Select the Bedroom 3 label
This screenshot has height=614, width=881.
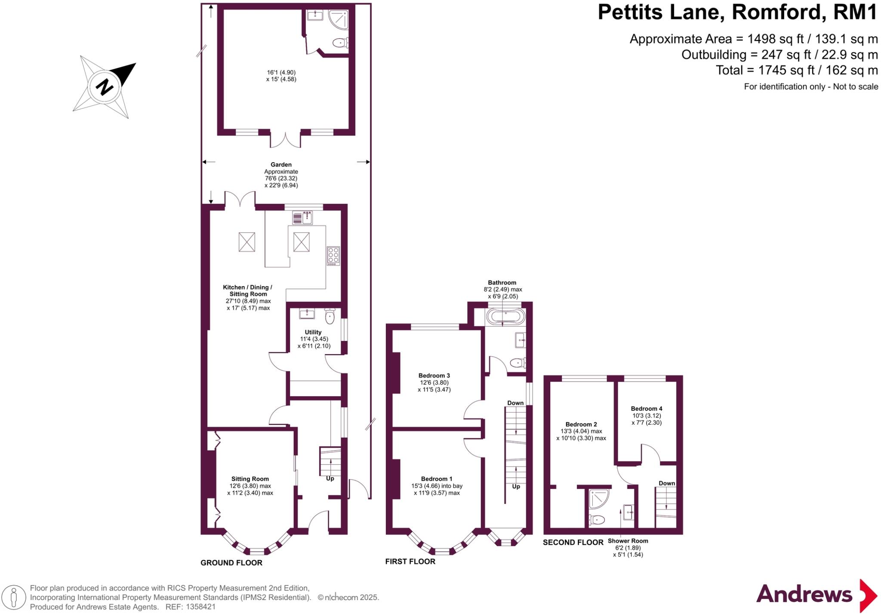(434, 376)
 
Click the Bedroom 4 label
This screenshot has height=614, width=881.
(646, 408)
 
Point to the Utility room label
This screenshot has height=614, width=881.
(313, 332)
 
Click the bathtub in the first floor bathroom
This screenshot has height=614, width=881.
(505, 317)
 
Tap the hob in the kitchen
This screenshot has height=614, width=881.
(333, 256)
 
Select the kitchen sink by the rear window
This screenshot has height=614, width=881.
(303, 218)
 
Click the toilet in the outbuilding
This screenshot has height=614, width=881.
(340, 43)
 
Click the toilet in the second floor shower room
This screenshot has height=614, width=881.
(597, 520)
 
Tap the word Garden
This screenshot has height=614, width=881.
(281, 164)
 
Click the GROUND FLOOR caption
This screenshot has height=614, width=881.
(231, 562)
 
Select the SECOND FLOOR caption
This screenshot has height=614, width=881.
(573, 542)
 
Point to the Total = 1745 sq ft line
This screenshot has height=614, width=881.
(796, 70)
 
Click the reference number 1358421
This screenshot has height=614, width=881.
(200, 607)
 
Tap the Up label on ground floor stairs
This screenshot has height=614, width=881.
(330, 478)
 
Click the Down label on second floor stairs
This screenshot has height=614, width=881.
(666, 483)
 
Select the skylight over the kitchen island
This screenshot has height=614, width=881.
(301, 242)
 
